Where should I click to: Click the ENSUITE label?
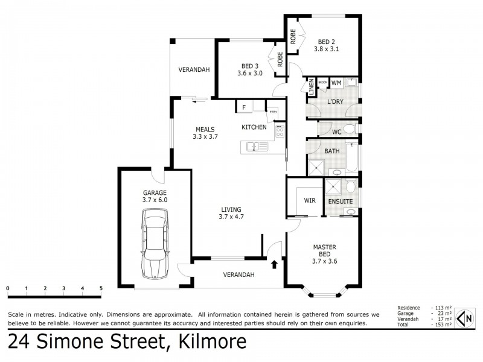point(341,200)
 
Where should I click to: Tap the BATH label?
point(331,151)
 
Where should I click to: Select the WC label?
point(337,131)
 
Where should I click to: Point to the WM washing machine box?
point(336,83)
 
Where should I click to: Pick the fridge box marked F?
point(244,107)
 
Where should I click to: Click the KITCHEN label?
point(254,127)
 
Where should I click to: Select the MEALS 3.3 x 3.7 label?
point(206,133)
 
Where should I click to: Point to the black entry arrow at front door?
point(275,264)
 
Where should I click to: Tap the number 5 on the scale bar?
point(101,288)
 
